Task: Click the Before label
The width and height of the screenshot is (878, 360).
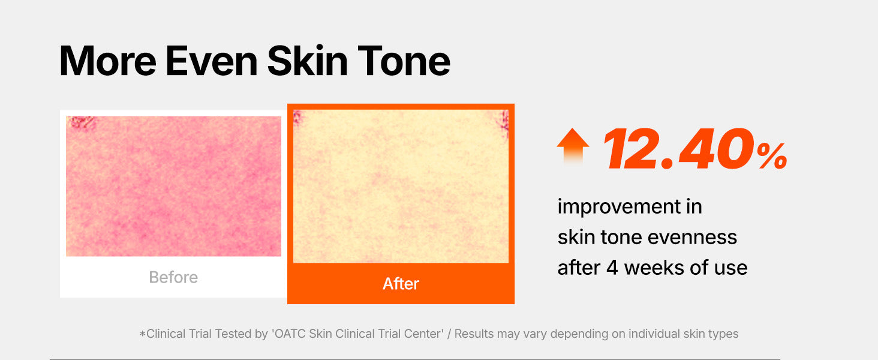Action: click(173, 277)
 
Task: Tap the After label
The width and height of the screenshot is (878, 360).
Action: click(401, 284)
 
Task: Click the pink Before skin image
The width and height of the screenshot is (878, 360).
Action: click(173, 186)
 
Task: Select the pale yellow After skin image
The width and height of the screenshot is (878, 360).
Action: click(401, 186)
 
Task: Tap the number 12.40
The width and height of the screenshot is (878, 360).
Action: click(678, 149)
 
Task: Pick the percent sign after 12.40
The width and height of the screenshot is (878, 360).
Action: click(772, 155)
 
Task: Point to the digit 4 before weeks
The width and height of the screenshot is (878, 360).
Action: click(612, 268)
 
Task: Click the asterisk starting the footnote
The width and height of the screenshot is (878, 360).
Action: click(142, 334)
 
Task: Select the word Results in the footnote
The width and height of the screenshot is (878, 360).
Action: click(474, 334)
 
